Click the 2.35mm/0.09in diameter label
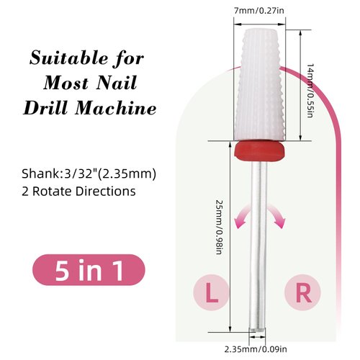[x=257, y=350]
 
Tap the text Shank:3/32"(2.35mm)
[x=87, y=174]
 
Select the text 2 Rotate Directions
[x=78, y=193]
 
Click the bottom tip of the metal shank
[x=257, y=331]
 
